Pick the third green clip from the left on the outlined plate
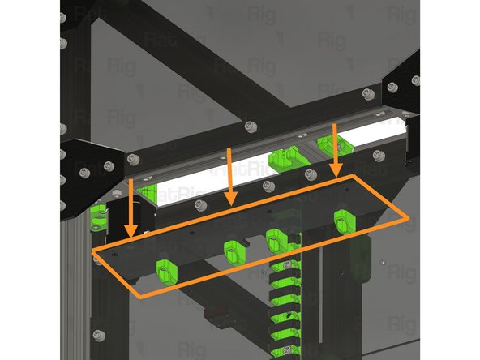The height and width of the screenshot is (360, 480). [x=276, y=240]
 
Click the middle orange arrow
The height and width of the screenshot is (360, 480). [x=232, y=174]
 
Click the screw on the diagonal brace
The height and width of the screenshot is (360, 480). [x=248, y=126]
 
